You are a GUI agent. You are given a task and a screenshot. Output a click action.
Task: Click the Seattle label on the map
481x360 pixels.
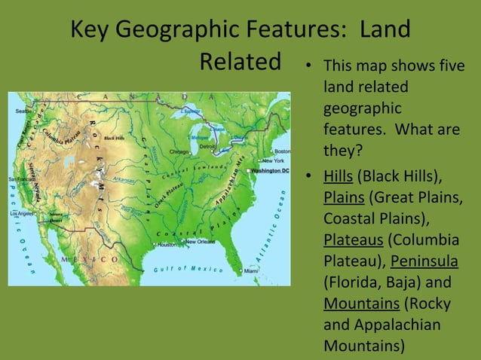pyautogui.click(x=23, y=111)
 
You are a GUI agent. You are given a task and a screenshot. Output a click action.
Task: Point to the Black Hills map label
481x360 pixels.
pyautogui.click(x=115, y=138)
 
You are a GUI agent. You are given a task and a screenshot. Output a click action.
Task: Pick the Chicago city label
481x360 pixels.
pyautogui.click(x=179, y=151)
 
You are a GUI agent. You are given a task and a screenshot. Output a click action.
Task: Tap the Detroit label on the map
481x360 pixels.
pyautogui.click(x=207, y=145)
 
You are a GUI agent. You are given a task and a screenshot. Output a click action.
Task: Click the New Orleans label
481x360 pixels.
pyautogui.click(x=201, y=242)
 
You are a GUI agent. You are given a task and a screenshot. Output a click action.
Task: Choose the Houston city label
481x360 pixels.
pyautogui.click(x=167, y=245)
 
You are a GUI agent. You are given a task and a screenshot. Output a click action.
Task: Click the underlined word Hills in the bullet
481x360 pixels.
pyautogui.click(x=339, y=178)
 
